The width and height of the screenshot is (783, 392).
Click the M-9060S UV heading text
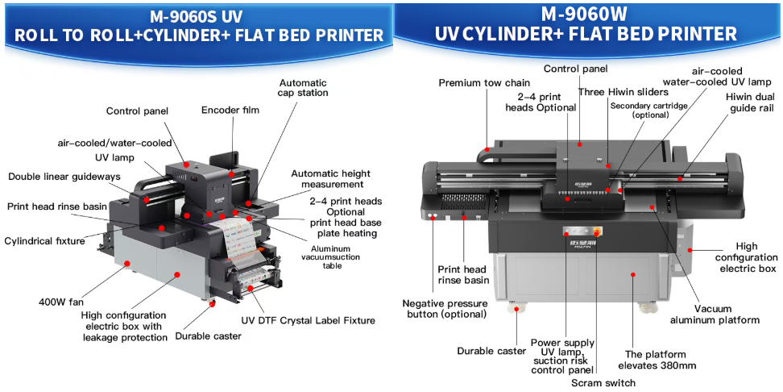(195, 16)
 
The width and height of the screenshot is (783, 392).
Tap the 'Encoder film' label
(230, 110)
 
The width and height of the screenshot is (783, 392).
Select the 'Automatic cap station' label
(304, 88)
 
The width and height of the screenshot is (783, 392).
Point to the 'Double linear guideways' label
(64, 177)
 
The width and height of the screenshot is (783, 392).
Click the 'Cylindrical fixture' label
(45, 240)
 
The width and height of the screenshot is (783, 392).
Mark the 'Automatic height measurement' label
(330, 179)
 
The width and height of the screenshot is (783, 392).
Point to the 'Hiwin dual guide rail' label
(750, 102)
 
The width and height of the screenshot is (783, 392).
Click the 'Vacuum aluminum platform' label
(715, 314)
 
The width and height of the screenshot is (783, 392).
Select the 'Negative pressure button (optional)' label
(446, 308)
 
